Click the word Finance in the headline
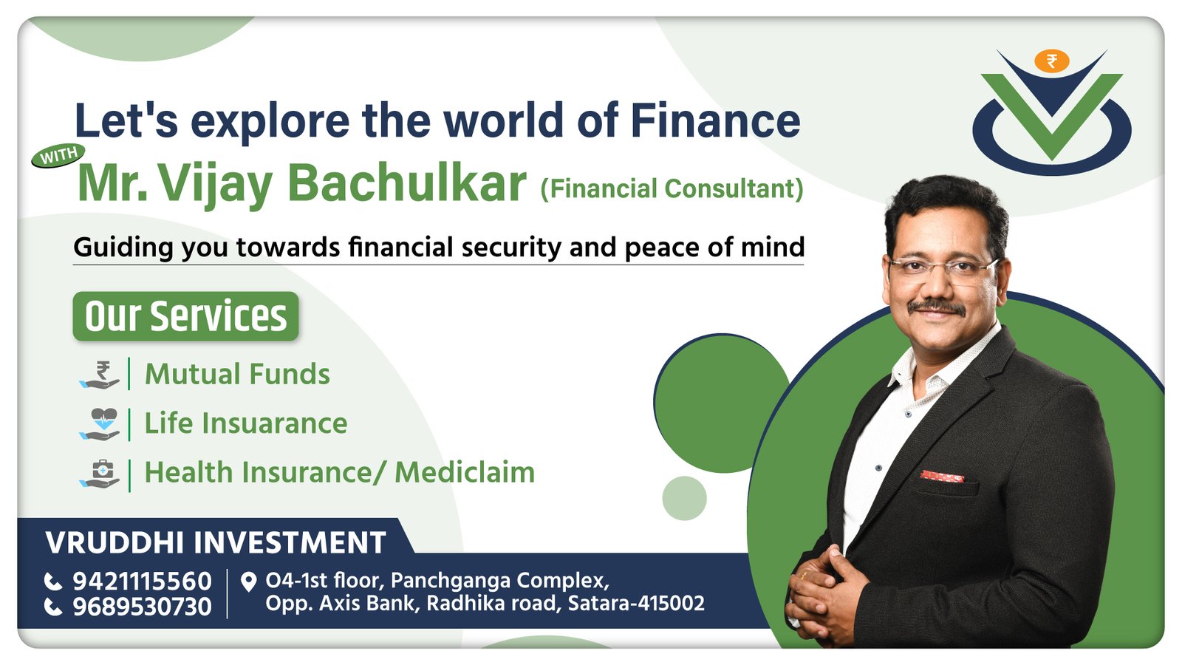tap(716, 120)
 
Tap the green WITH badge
tap(58, 156)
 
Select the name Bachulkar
tap(407, 183)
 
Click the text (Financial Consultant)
tap(672, 189)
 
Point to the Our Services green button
tap(185, 316)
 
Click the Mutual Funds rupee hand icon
tap(100, 375)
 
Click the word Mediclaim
tap(465, 472)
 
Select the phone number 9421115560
tap(142, 581)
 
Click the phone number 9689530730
tap(142, 607)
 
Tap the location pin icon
tap(248, 582)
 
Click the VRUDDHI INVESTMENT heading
tap(216, 542)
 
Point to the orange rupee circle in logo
tap(1051, 61)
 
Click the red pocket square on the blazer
tap(942, 476)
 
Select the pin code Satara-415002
tap(636, 603)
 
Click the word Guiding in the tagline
tap(123, 247)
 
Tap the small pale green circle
tap(684, 498)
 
